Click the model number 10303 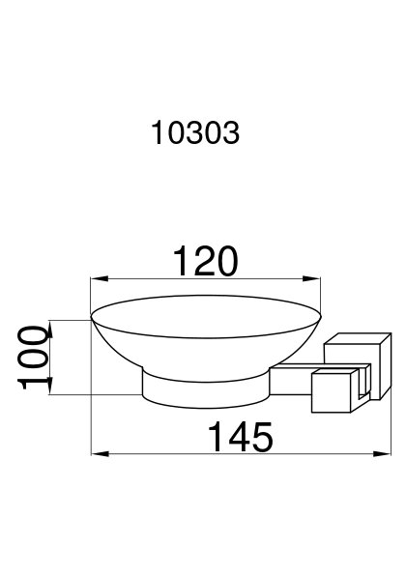click(195, 133)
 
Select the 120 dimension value click(205, 262)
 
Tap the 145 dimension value click(241, 437)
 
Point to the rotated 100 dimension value click(35, 357)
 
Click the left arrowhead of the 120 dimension click(100, 279)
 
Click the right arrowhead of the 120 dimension click(311, 279)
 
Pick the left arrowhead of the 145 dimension click(101, 454)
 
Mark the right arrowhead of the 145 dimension click(382, 454)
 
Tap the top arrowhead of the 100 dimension click(50, 330)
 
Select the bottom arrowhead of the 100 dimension click(50, 386)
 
